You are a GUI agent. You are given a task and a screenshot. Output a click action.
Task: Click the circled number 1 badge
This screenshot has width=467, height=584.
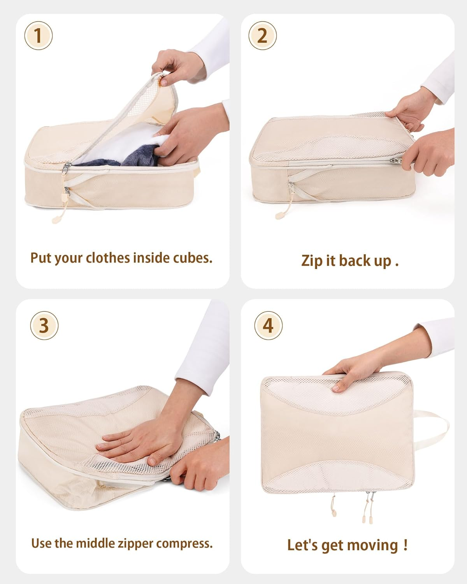[x=38, y=36]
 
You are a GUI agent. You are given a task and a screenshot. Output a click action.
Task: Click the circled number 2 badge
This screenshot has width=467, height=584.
[x=263, y=36]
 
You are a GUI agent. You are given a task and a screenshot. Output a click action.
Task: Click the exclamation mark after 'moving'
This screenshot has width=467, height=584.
[x=406, y=544]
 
